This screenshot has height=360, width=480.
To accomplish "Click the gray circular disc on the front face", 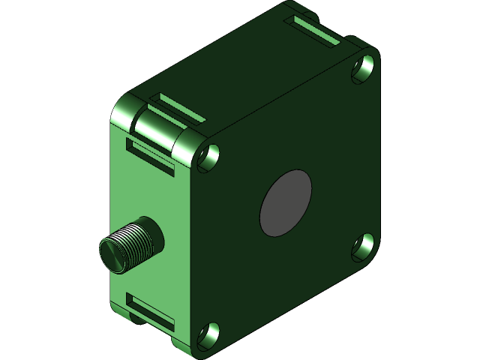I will (284, 202).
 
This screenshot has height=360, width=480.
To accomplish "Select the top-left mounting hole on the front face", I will (210, 156).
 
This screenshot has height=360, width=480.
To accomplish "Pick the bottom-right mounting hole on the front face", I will (364, 244).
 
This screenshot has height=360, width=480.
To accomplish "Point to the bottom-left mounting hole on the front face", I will (210, 334).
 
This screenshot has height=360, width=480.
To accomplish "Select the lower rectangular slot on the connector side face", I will (151, 311).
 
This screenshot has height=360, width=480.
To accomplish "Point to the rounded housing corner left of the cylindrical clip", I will (122, 113).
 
